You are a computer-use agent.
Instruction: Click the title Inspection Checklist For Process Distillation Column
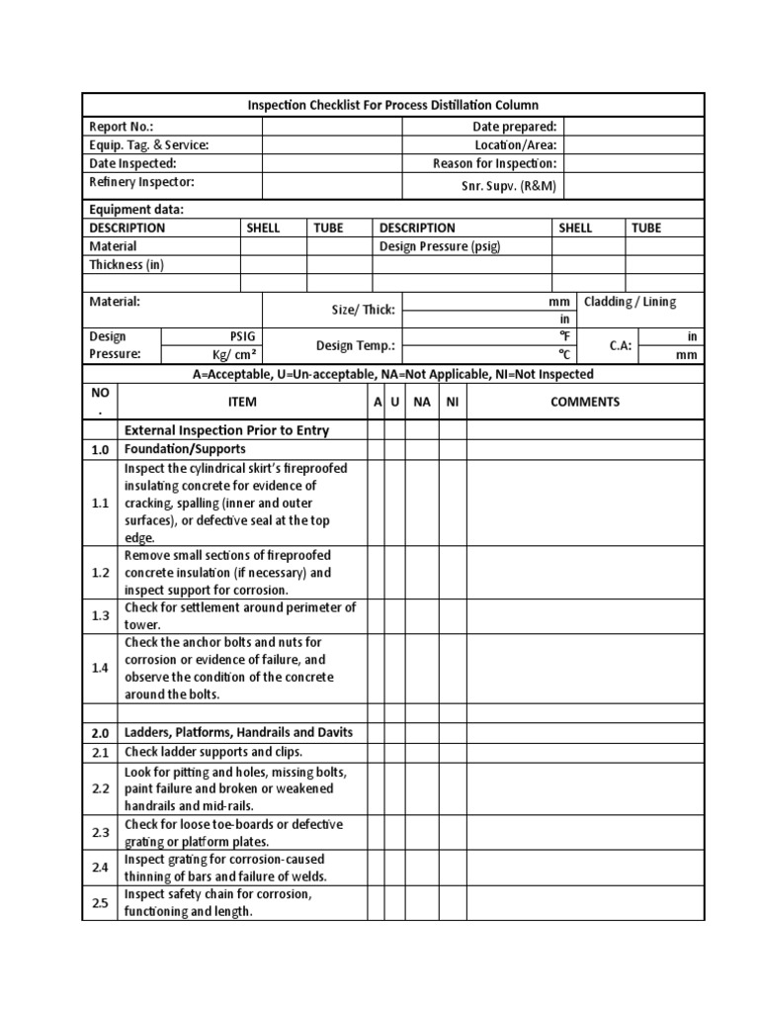[x=392, y=105]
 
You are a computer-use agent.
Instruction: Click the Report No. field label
[x=122, y=127]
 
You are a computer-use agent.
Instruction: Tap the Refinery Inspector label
[x=141, y=182]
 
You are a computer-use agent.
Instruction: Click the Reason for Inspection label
[x=494, y=163]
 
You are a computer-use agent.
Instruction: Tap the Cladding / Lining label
[x=631, y=302]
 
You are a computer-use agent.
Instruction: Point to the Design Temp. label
[x=355, y=346]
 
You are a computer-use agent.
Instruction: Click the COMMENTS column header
[x=585, y=402]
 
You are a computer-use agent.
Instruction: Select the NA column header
[x=422, y=402]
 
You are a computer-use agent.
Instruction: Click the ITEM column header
[x=241, y=402]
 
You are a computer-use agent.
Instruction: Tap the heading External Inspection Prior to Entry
[x=226, y=430]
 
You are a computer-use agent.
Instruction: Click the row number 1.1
[x=100, y=503]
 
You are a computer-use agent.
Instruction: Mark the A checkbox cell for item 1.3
[x=376, y=615]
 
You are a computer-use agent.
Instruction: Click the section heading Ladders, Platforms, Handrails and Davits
[x=237, y=732]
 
